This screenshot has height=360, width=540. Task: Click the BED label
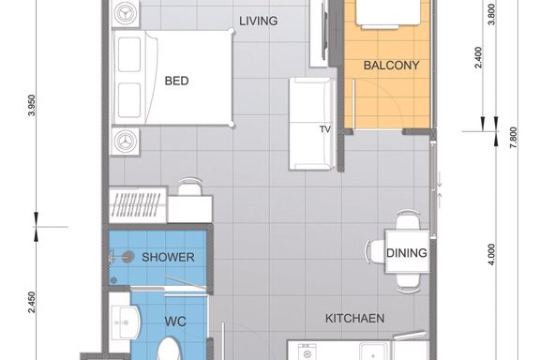pyautogui.click(x=176, y=81)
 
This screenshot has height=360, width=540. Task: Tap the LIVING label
pyautogui.click(x=259, y=21)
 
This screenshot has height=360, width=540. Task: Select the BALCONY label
pyautogui.click(x=391, y=65)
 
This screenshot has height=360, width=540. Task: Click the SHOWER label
pyautogui.click(x=168, y=257)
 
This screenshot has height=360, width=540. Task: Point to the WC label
pyautogui.click(x=175, y=322)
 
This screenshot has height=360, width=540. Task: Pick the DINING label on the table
pyautogui.click(x=406, y=253)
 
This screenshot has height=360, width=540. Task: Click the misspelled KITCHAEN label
pyautogui.click(x=354, y=318)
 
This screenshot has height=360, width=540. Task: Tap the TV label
pyautogui.click(x=324, y=129)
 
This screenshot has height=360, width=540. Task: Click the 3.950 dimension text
pyautogui.click(x=31, y=105)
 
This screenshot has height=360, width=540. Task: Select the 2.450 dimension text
pyautogui.click(x=31, y=303)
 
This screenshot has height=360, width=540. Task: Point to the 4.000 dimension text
pyautogui.click(x=491, y=255)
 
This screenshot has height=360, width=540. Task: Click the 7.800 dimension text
pyautogui.click(x=514, y=138)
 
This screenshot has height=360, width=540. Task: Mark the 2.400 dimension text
pyautogui.click(x=478, y=57)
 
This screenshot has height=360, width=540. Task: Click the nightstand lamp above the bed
pyautogui.click(x=125, y=14)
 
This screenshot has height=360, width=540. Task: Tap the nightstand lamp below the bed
pyautogui.click(x=125, y=142)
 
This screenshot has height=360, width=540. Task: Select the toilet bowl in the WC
pyautogui.click(x=169, y=349)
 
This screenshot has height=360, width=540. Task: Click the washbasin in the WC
pyautogui.click(x=126, y=322)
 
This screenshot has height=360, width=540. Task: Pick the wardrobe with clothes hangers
pyautogui.click(x=138, y=205)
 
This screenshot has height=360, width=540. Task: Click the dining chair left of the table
pyautogui.click(x=375, y=251)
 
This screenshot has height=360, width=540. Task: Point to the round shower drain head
pyautogui.click(x=127, y=257)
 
